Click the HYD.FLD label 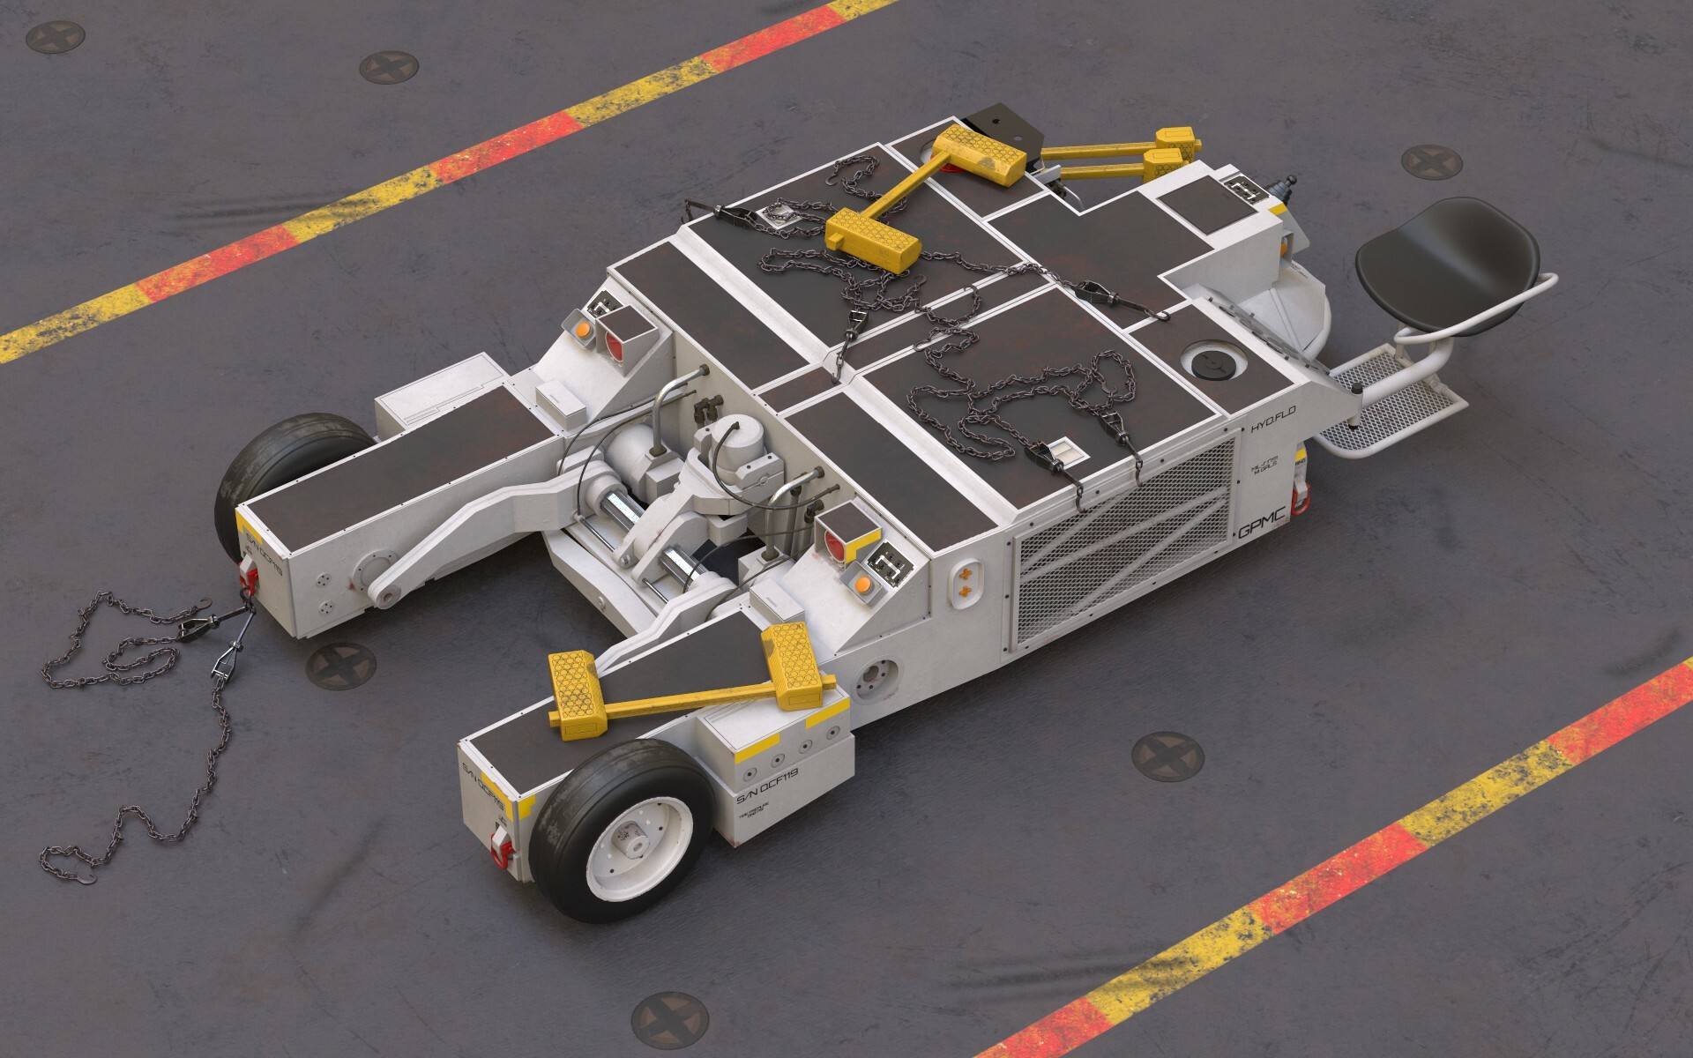(x=1272, y=428)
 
